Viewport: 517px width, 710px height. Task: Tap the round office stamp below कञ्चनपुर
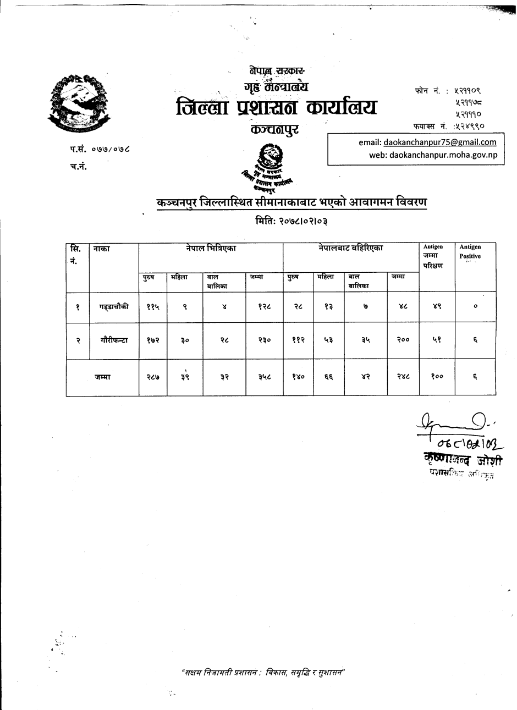click(270, 156)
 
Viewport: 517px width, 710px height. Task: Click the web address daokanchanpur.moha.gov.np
click(443, 155)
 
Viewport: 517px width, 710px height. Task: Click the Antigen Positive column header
click(470, 252)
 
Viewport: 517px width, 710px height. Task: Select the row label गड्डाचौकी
click(114, 307)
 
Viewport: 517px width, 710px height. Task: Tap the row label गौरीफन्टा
click(114, 340)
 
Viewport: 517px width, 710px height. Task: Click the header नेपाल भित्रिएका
click(211, 249)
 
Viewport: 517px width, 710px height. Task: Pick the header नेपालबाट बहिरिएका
click(350, 249)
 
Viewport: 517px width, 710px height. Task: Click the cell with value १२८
click(265, 307)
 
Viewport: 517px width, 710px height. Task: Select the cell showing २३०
click(265, 341)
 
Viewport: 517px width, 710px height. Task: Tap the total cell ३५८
click(265, 377)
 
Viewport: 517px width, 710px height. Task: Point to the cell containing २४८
click(403, 377)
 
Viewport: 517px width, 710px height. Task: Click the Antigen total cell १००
click(437, 377)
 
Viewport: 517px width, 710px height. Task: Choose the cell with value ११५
click(153, 307)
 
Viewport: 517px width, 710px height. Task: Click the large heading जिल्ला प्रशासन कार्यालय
click(277, 107)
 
